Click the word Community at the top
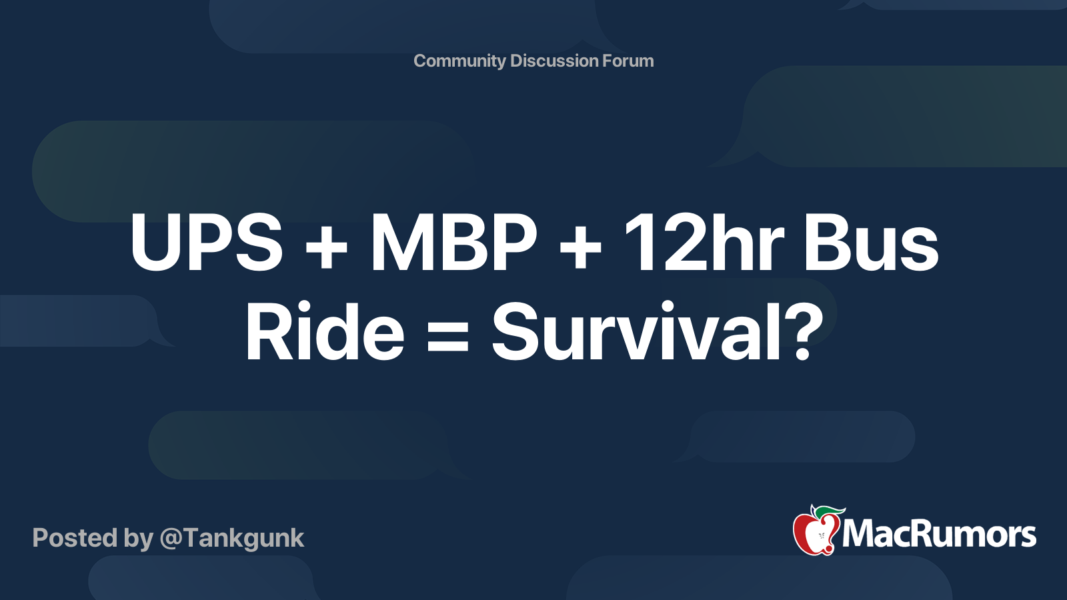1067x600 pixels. point(459,61)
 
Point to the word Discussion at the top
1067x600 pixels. point(554,61)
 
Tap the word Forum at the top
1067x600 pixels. point(628,61)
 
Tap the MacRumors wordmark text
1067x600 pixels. point(939,534)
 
